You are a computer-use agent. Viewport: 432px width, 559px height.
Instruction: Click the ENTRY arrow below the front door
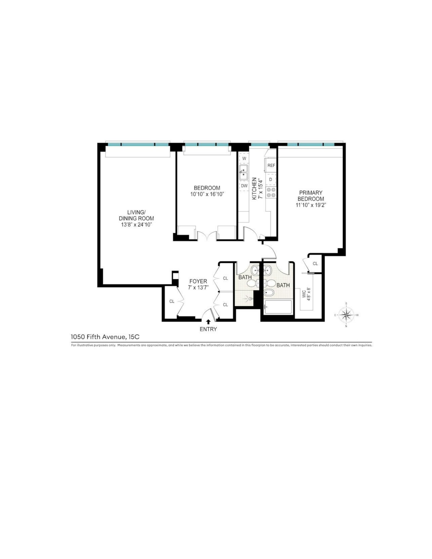[x=208, y=322]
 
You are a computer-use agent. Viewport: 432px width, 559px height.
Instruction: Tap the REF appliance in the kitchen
[x=271, y=165]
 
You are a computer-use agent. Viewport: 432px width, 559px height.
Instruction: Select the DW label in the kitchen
[x=244, y=186]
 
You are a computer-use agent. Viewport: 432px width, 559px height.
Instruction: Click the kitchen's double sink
[x=244, y=172]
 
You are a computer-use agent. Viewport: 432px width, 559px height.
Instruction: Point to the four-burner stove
[x=271, y=192]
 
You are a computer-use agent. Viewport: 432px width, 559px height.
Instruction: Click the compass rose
[x=346, y=315]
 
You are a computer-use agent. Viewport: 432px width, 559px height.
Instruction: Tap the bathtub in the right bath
[x=278, y=307]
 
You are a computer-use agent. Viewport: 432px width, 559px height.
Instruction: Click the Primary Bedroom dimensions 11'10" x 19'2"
[x=310, y=205]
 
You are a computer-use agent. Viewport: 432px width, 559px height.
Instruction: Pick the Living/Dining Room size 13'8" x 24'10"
[x=136, y=224]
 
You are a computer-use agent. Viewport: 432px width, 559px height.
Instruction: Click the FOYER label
[x=198, y=281]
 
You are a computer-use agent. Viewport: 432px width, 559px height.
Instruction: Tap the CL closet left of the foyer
[x=172, y=301]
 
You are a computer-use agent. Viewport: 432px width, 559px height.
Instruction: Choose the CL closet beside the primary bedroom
[x=315, y=264]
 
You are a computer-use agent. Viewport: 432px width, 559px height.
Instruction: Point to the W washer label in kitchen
[x=244, y=159]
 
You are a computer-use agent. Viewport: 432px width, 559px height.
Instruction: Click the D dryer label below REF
[x=271, y=180]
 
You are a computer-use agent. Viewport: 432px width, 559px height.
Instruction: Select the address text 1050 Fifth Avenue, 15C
[x=105, y=337]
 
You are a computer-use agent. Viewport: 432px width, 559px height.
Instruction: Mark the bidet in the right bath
[x=269, y=292]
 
